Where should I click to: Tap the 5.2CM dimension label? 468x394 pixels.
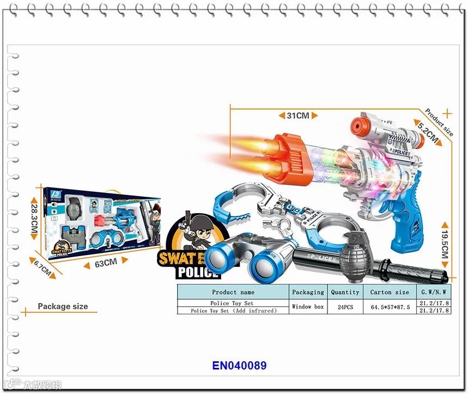[428, 132]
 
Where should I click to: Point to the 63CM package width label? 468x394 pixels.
[106, 262]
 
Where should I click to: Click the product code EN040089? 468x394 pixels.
[240, 366]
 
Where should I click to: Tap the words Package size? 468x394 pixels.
[63, 306]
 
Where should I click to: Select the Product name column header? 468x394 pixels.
[233, 292]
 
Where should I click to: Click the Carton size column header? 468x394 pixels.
[389, 292]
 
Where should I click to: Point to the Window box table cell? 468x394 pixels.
[308, 307]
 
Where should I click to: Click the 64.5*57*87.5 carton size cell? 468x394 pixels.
[390, 307]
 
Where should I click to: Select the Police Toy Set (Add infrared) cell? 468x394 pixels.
[233, 311]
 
